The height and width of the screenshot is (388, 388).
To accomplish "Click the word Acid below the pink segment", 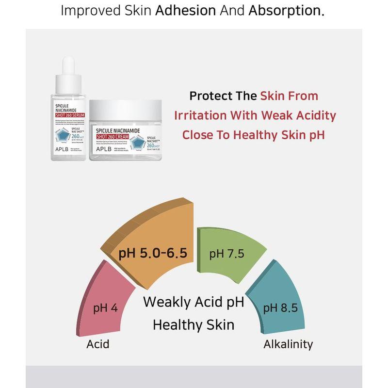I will (x=98, y=344).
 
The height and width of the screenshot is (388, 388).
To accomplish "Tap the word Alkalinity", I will (x=288, y=344).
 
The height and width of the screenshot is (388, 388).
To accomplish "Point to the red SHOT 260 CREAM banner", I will (x=119, y=135).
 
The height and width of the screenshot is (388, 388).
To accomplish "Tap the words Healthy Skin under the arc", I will (x=194, y=324).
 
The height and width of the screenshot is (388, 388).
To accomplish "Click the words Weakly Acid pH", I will (x=194, y=302).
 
